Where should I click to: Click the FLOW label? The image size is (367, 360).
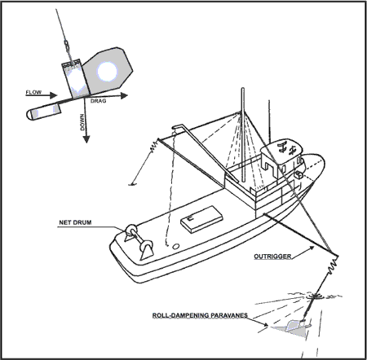click(33, 92)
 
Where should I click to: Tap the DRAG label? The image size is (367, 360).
click(98, 101)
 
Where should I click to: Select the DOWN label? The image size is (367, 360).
click(82, 122)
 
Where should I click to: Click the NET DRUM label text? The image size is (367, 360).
click(75, 222)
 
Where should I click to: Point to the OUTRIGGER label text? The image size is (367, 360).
click(272, 257)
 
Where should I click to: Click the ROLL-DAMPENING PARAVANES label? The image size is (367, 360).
click(200, 315)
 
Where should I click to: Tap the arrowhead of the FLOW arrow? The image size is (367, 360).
click(54, 95)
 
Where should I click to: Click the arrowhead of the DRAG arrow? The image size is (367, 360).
click(124, 95)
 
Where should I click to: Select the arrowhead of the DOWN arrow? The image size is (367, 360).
click(86, 139)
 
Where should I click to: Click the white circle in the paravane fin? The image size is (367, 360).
click(107, 71)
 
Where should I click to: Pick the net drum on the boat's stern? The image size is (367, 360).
click(139, 241)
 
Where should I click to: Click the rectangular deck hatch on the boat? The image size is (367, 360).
click(201, 219)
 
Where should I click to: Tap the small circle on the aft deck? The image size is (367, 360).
click(176, 246)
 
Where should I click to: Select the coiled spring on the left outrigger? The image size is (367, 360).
click(154, 146)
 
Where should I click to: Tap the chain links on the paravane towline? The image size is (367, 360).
click(67, 46)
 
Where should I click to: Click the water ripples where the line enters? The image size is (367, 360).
click(316, 296)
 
